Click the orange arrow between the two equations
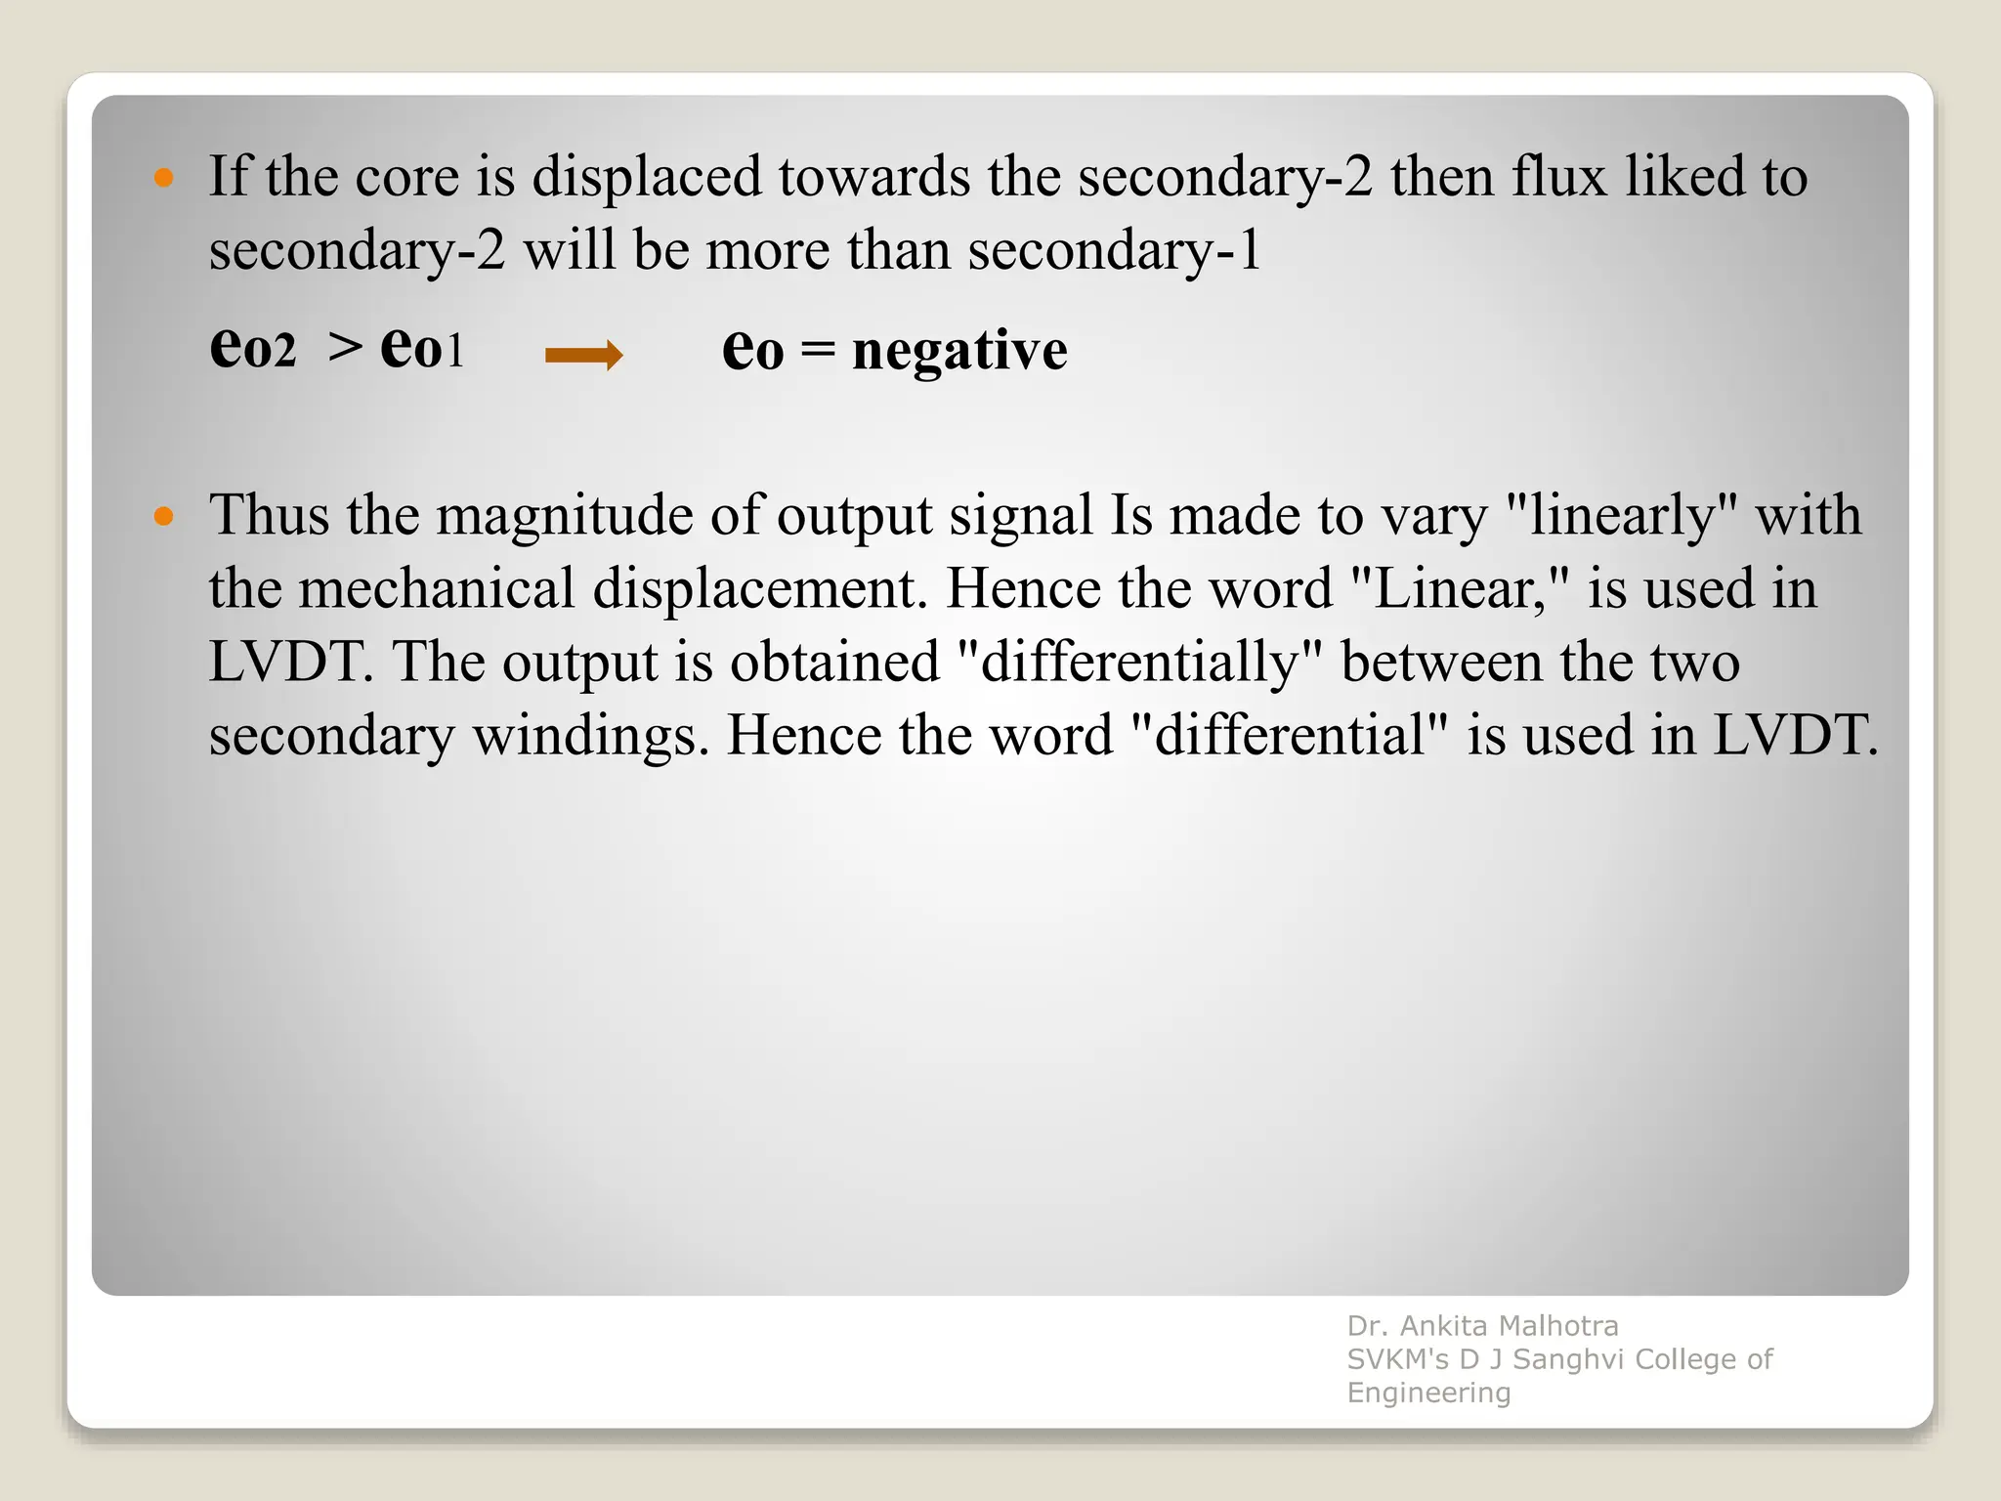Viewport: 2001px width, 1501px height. click(583, 355)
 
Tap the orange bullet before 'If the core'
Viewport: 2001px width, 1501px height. click(164, 178)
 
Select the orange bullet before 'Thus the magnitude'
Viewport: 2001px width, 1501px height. click(164, 516)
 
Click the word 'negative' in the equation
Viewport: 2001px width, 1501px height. click(959, 350)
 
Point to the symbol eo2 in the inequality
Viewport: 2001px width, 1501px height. click(252, 348)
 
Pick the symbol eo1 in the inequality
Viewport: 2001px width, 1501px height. click(422, 348)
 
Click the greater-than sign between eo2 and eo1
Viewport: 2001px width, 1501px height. click(344, 348)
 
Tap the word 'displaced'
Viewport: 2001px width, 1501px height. click(646, 178)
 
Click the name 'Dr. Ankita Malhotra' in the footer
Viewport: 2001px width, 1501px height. click(1482, 1326)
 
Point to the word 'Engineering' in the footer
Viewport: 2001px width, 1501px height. click(1428, 1393)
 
